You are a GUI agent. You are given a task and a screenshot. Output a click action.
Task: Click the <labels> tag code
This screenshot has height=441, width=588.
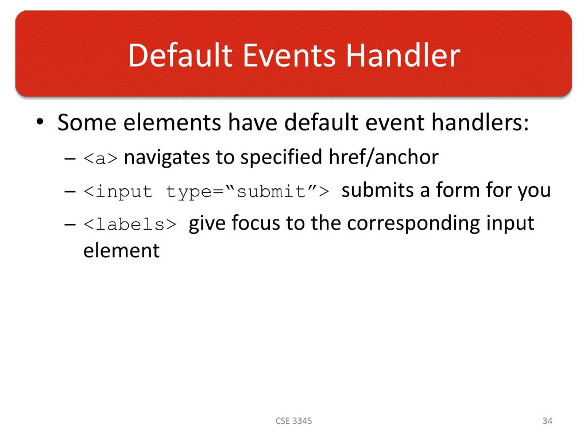click(x=130, y=225)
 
